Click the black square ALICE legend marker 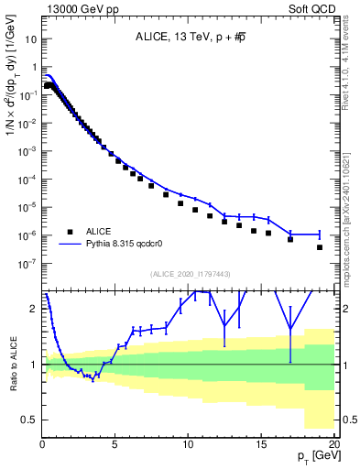coord(70,232)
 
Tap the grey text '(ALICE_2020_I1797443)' coord(190,274)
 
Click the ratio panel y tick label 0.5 coord(29,420)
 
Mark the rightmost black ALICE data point coord(320,247)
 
